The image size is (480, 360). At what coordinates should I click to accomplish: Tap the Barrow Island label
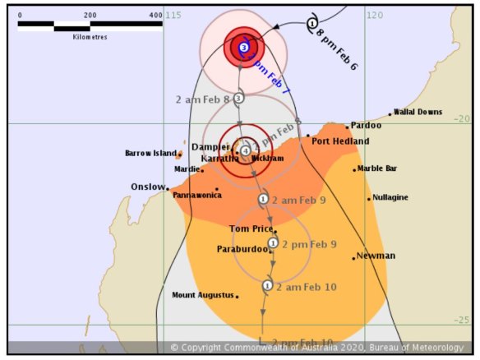(150, 153)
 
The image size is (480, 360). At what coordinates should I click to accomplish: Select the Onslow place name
(148, 187)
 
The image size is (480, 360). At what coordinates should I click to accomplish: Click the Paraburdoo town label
(241, 248)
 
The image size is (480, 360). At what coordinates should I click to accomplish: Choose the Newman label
(376, 256)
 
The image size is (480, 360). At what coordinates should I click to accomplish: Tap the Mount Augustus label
(202, 295)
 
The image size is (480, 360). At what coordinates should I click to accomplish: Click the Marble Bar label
(377, 168)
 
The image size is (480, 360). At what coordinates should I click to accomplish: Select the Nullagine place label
(390, 198)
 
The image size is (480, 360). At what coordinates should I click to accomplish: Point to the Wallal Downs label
(418, 113)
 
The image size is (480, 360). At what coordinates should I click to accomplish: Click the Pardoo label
(366, 126)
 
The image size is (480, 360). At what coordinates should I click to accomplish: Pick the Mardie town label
(187, 169)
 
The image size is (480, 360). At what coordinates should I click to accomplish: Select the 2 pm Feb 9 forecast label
(309, 244)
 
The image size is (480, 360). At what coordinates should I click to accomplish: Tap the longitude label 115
(173, 16)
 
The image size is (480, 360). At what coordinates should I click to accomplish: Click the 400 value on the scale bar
(156, 16)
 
